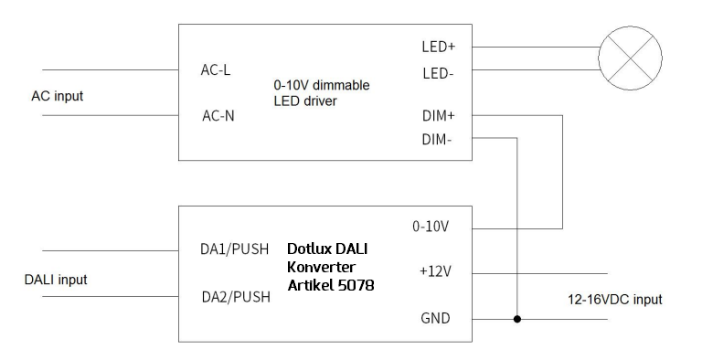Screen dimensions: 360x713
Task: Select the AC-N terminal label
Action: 218,116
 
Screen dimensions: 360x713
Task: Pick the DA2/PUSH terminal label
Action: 235,297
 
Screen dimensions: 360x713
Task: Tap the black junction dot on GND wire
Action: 517,320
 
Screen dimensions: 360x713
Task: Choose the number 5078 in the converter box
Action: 356,286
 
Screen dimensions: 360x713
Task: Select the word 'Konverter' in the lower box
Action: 321,267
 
